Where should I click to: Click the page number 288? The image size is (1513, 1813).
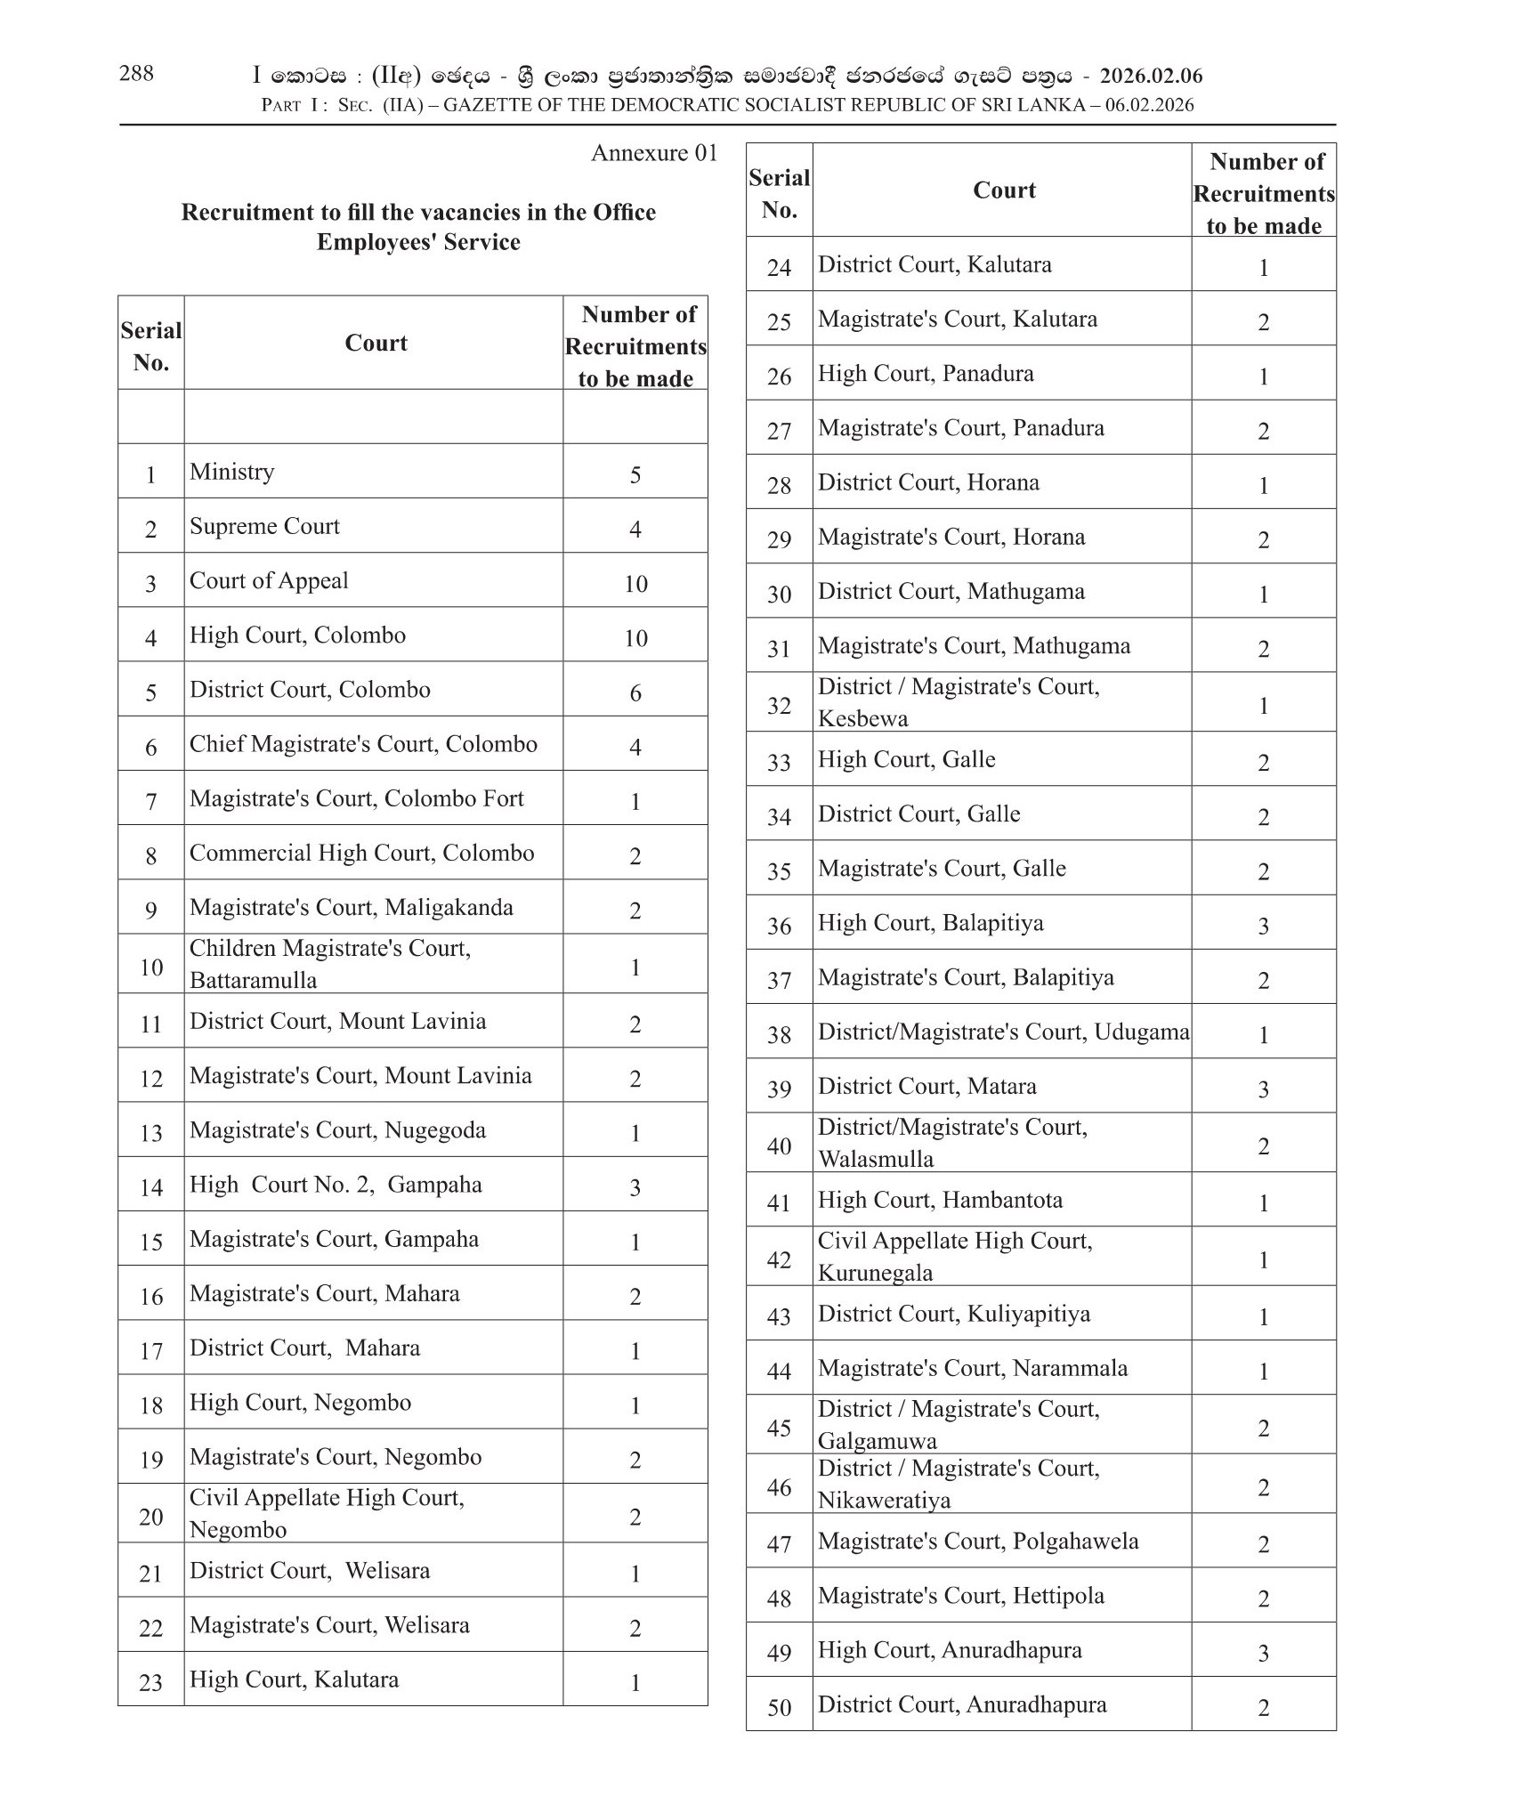[136, 74]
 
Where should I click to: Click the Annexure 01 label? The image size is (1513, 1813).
[654, 153]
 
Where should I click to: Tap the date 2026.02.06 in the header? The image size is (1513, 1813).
[1151, 77]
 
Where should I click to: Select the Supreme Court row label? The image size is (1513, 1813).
[264, 526]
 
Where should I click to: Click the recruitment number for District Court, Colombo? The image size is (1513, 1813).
[635, 693]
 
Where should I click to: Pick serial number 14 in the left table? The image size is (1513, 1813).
[151, 1187]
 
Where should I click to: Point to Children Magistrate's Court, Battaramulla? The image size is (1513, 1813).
[330, 964]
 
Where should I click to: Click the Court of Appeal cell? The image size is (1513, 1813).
[269, 581]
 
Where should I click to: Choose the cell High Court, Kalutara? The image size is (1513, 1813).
[294, 1679]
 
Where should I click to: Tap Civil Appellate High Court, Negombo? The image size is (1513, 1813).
[327, 1513]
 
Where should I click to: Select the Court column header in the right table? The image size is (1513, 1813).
[1004, 190]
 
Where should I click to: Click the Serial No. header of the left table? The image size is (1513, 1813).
[151, 346]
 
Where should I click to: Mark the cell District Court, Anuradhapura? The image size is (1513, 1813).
[962, 1704]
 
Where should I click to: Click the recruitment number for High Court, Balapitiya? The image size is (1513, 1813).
[1263, 927]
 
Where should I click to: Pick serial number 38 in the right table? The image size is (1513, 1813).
[779, 1035]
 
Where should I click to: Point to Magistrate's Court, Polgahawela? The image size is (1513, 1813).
[978, 1542]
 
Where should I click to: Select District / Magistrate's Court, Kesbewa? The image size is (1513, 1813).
[959, 702]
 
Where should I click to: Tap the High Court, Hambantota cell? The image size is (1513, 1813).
[940, 1200]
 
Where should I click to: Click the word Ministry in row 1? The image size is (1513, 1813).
[231, 472]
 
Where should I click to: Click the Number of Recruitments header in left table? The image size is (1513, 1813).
[635, 346]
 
